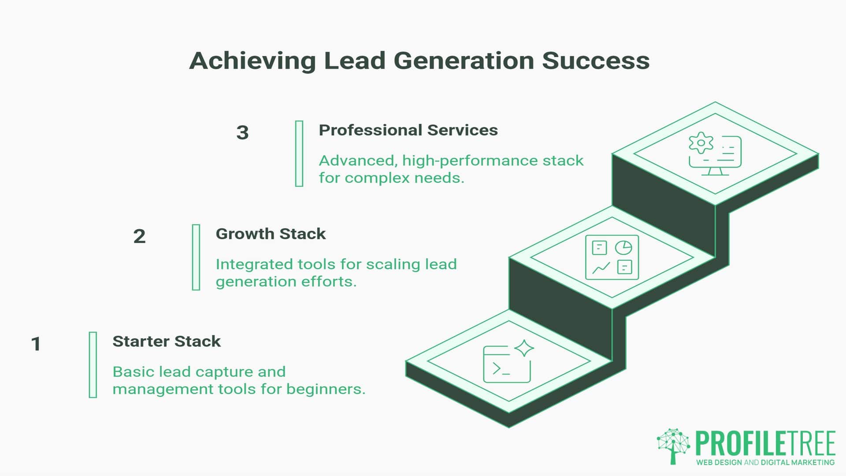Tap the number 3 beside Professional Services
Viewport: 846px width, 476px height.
pyautogui.click(x=242, y=133)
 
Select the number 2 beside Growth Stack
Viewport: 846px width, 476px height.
pyautogui.click(x=139, y=237)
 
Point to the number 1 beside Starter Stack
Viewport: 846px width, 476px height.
pyautogui.click(x=36, y=344)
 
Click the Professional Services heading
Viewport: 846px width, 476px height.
pyautogui.click(x=408, y=130)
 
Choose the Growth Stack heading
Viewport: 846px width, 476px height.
pyautogui.click(x=271, y=234)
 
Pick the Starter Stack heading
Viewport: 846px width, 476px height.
pyautogui.click(x=167, y=341)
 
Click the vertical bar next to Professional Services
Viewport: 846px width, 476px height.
pyautogui.click(x=299, y=153)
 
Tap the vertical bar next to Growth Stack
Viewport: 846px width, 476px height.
pyautogui.click(x=196, y=257)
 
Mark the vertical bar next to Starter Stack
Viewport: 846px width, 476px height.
pyautogui.click(x=93, y=365)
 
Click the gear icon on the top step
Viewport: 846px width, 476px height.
pyautogui.click(x=701, y=143)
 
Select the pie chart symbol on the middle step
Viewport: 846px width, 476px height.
pyautogui.click(x=623, y=248)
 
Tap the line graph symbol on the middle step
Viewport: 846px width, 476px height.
pyautogui.click(x=601, y=268)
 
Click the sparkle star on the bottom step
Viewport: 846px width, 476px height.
pyautogui.click(x=524, y=348)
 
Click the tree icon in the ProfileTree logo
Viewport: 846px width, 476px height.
pyautogui.click(x=673, y=446)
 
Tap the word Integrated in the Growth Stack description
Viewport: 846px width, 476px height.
pyautogui.click(x=254, y=264)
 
